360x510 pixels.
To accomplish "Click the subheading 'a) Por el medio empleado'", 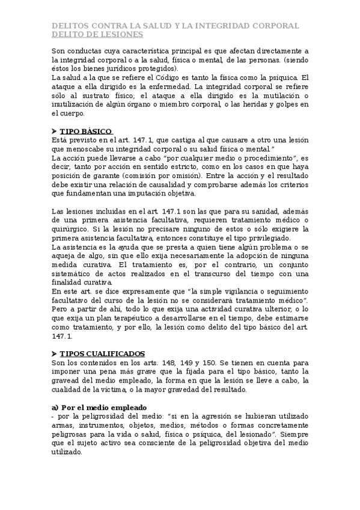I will [99, 407].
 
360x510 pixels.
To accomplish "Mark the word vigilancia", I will [192, 291].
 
